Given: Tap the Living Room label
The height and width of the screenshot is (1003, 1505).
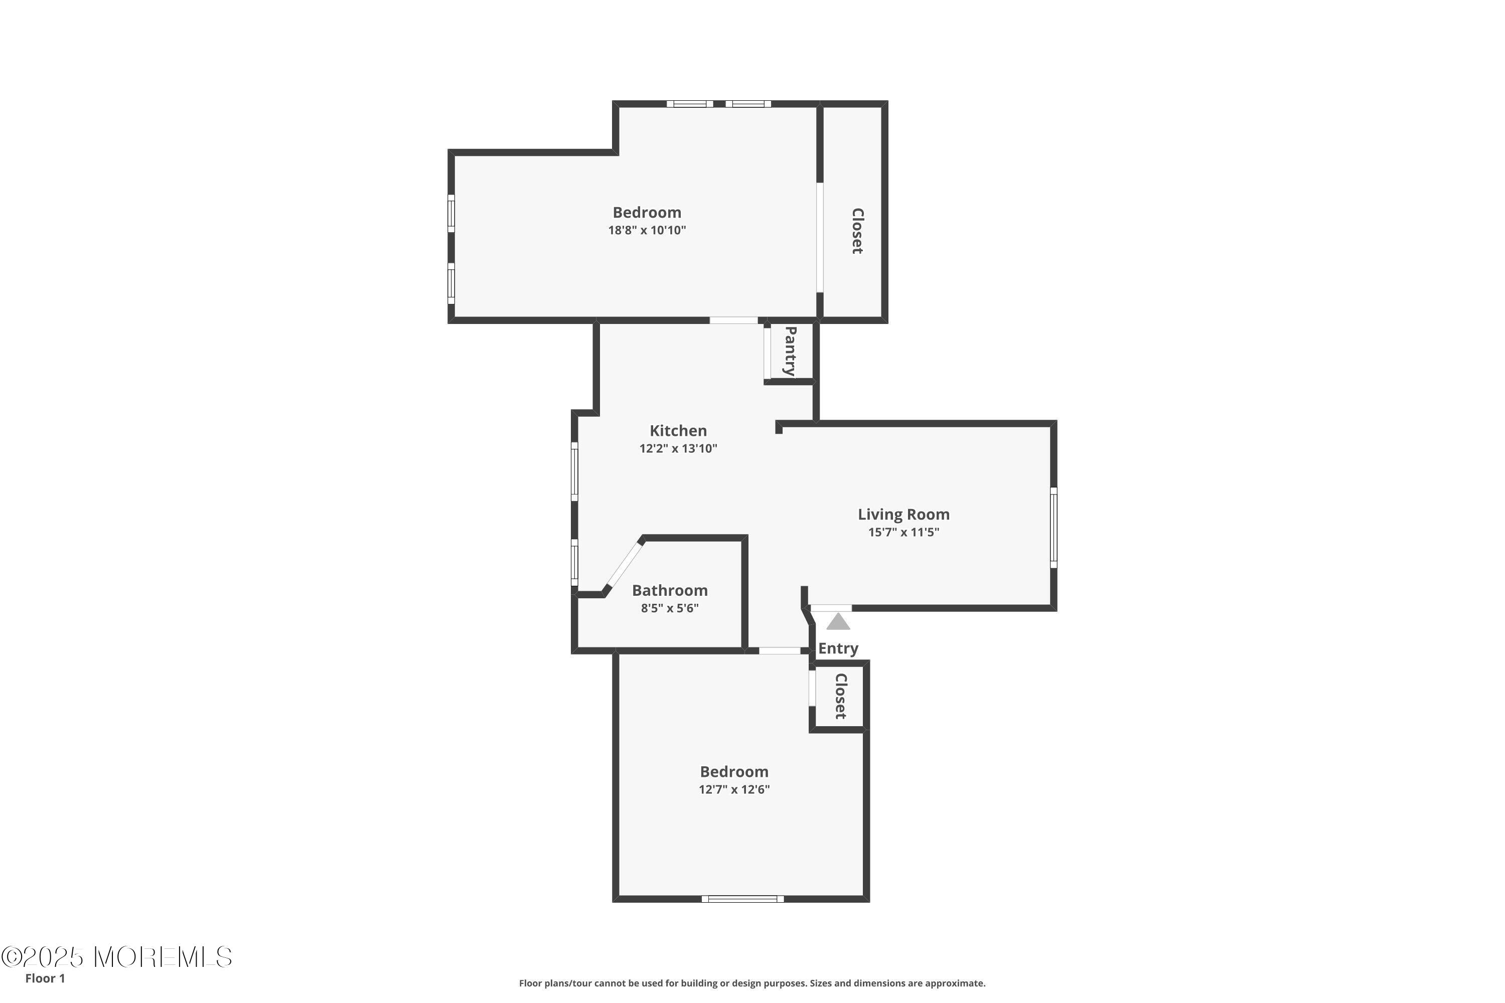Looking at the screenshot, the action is [x=904, y=515].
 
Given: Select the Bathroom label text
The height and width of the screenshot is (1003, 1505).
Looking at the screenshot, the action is [x=670, y=590].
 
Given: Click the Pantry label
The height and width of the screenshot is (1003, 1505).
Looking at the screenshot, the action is [x=790, y=351].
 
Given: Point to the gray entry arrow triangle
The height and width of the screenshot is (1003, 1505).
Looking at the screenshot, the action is [x=838, y=622].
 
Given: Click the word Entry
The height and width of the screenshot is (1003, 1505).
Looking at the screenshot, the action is [x=838, y=648].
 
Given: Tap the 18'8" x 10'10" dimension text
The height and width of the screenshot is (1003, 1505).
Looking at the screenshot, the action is [x=647, y=230].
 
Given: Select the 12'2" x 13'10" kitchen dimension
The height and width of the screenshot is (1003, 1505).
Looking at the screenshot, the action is [x=678, y=448].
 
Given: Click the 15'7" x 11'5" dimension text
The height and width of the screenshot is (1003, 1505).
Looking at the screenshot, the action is [x=904, y=532].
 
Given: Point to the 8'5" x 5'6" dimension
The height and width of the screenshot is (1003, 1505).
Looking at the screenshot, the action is [x=670, y=608].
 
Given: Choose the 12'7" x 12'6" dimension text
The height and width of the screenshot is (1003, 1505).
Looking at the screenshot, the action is [x=734, y=789].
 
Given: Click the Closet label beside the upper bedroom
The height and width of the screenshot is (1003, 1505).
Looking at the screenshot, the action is [x=857, y=231].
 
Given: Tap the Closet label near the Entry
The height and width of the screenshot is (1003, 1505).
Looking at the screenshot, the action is [x=841, y=696].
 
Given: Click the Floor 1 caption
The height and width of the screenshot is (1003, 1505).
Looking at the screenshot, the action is [x=45, y=978].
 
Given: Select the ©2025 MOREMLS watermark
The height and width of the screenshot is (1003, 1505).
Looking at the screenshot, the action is [x=116, y=957].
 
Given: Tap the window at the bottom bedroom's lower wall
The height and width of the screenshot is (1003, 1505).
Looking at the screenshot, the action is [x=743, y=899].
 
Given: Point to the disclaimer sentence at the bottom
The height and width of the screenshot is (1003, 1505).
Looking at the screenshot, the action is [x=752, y=983].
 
